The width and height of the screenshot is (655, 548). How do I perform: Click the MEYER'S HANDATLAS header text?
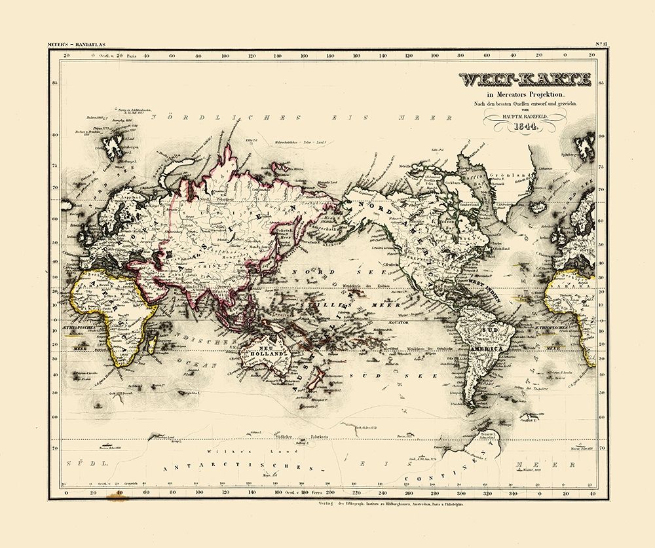click(x=79, y=44)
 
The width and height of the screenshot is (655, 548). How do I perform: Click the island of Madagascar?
click(x=153, y=344)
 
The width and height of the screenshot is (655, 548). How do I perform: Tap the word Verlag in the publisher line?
click(x=326, y=505)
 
